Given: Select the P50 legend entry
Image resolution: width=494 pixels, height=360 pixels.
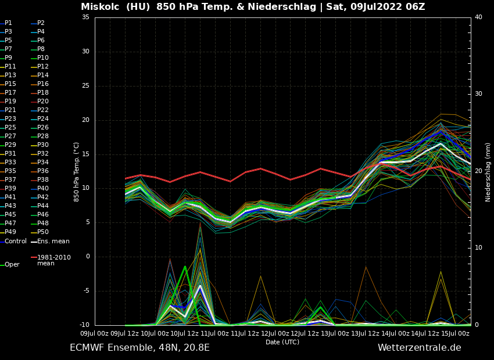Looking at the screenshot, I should click(42, 232).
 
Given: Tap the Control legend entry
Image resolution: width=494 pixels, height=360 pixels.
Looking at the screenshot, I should click(15, 242).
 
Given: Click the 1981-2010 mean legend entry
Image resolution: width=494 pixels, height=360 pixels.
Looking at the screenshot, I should click(53, 260).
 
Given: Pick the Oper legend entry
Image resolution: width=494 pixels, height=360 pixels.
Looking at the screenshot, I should click(12, 265).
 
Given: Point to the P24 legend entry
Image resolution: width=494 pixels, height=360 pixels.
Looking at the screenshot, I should click(42, 119).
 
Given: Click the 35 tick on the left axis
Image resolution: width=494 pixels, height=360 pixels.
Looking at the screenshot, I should click(85, 17).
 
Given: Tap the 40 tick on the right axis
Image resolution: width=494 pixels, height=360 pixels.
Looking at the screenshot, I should click(478, 17).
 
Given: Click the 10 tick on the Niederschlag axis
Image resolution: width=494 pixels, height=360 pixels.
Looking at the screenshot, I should click(478, 248).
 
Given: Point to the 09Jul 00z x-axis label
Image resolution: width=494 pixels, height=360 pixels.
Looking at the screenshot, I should click(94, 333).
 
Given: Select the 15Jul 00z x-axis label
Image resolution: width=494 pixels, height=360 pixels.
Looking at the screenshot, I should click(456, 333).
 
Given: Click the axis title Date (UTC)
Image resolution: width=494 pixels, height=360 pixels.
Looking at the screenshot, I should click(282, 342).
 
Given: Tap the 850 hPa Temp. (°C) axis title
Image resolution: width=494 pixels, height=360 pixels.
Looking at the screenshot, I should click(76, 172).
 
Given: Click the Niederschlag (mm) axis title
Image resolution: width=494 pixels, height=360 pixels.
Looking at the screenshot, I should click(488, 172).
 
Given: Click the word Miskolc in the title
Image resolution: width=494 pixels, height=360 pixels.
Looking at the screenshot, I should click(101, 7).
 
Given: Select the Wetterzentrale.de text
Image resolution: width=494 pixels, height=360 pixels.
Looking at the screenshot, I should click(419, 348).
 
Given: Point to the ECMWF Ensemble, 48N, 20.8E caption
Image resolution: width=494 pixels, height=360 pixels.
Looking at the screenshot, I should click(139, 348).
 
